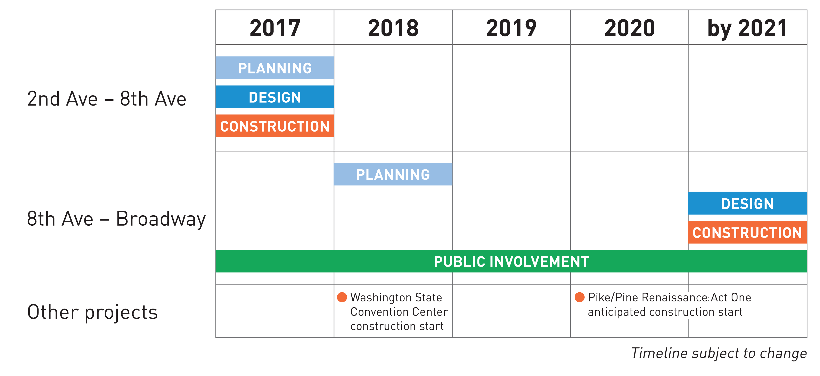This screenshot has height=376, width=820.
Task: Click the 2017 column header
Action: tap(275, 28)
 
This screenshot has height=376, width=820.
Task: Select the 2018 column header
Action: tap(393, 28)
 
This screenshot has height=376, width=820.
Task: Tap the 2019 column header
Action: tap(511, 28)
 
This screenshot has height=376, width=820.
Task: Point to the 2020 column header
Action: tap(630, 28)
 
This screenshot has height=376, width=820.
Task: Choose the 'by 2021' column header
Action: tap(747, 28)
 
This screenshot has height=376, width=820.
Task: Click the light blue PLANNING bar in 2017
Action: tap(275, 68)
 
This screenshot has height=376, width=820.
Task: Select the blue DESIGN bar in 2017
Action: tap(275, 97)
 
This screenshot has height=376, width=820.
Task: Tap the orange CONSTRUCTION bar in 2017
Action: tap(275, 126)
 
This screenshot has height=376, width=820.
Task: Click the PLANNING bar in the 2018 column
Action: tap(393, 174)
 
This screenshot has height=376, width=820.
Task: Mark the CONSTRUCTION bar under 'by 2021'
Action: tap(747, 233)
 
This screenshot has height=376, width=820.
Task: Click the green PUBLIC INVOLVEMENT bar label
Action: tap(511, 261)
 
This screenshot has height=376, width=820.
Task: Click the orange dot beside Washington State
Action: tap(342, 297)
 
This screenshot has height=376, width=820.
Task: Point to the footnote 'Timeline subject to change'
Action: tap(719, 353)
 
